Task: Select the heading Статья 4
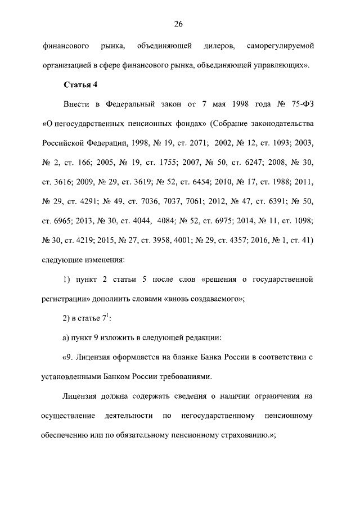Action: (x=79, y=84)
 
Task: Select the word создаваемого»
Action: (x=218, y=298)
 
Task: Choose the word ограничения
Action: (x=264, y=397)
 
